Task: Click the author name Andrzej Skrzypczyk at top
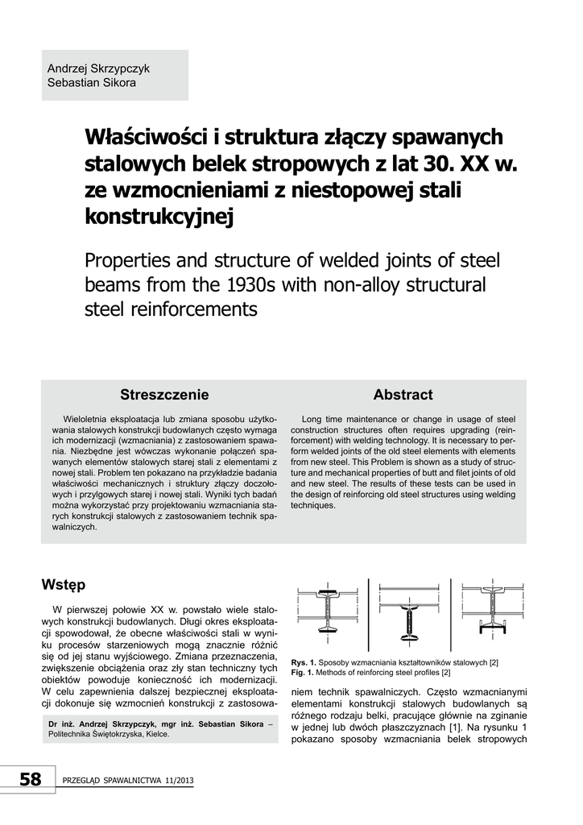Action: [x=98, y=68]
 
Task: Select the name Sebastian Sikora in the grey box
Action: [x=92, y=82]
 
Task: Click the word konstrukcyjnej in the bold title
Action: [x=158, y=215]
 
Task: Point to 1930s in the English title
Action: [x=246, y=286]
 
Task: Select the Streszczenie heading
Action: [x=164, y=395]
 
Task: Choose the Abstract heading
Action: [x=403, y=395]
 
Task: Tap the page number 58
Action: [x=30, y=779]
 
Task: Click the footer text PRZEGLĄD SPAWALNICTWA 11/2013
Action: [x=126, y=781]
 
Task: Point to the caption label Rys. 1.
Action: [x=304, y=662]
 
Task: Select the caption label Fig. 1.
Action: [x=303, y=672]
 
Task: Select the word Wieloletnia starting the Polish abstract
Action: [x=89, y=419]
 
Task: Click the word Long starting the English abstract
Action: [x=312, y=419]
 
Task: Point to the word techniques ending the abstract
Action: [x=314, y=506]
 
